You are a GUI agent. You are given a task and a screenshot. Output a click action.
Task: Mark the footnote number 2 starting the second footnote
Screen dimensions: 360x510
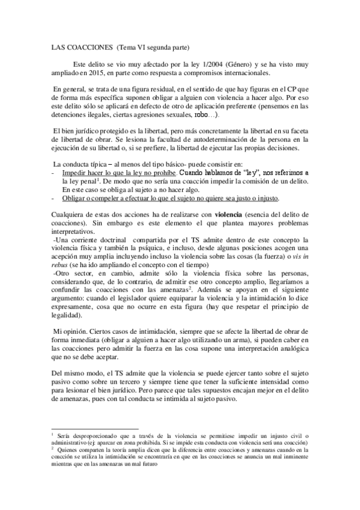(x=53, y=447)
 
